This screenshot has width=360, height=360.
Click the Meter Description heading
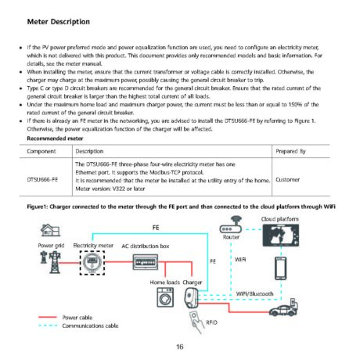click(x=59, y=22)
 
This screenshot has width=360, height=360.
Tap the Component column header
click(x=41, y=151)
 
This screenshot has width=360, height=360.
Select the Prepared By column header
click(x=290, y=151)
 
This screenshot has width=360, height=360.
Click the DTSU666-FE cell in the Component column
click(x=42, y=179)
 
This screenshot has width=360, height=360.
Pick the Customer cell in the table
click(x=287, y=179)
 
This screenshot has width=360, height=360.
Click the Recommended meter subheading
click(x=55, y=139)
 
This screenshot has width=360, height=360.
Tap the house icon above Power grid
click(x=50, y=230)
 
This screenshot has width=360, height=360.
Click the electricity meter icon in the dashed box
click(x=92, y=262)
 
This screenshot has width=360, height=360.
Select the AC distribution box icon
click(x=146, y=262)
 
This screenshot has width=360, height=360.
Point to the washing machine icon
click(x=165, y=297)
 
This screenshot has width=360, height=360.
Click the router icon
click(x=231, y=225)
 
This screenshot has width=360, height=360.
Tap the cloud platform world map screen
click(x=281, y=236)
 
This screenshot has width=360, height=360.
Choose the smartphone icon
click(x=281, y=268)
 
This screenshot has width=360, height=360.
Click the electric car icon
click(x=283, y=308)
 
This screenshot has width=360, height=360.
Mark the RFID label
click(x=211, y=322)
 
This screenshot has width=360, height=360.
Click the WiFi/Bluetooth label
click(x=254, y=293)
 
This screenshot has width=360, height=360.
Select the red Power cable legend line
click(x=48, y=317)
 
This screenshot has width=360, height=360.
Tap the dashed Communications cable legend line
click(x=48, y=326)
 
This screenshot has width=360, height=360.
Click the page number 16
click(x=180, y=347)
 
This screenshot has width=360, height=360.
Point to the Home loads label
click(x=165, y=283)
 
